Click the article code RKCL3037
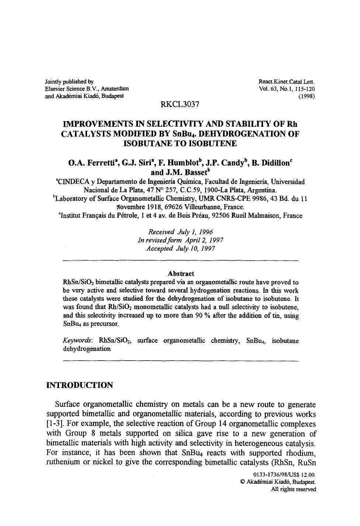180,104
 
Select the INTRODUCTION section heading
80,385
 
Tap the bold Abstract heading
180,274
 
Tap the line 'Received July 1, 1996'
180,232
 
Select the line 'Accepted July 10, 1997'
180,248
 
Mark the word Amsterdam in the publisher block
115,89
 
